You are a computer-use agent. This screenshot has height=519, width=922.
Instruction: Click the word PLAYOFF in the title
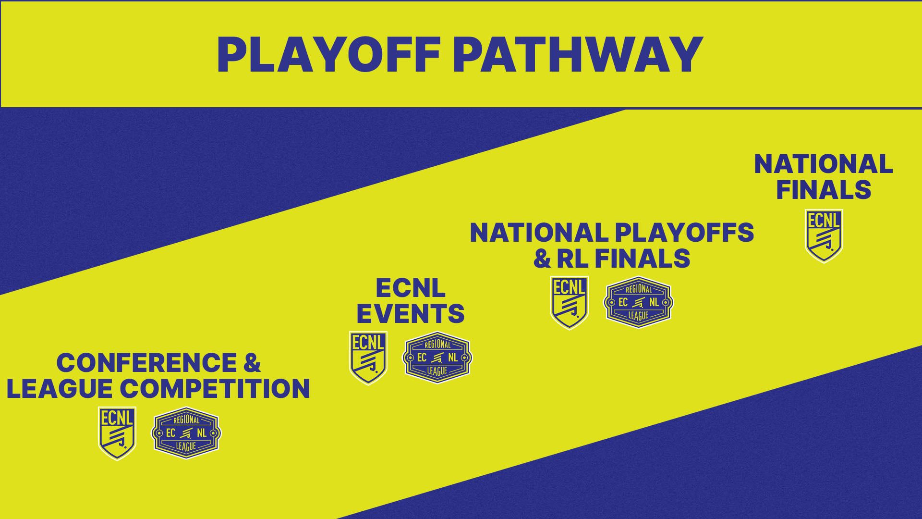click(x=329, y=54)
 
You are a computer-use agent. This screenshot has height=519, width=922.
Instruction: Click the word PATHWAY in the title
click(x=578, y=54)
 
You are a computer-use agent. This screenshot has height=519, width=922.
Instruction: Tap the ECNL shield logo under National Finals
click(x=824, y=235)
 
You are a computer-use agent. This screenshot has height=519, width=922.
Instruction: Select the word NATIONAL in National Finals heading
click(x=823, y=164)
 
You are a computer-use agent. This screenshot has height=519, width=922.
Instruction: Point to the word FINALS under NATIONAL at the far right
click(x=823, y=189)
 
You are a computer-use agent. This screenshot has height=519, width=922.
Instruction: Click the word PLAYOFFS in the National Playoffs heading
click(x=684, y=233)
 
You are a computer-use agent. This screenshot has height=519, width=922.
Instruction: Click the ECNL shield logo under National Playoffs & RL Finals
click(x=569, y=303)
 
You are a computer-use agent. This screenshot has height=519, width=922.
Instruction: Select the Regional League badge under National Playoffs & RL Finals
click(x=638, y=302)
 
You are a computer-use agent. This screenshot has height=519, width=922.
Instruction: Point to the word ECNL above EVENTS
click(x=410, y=288)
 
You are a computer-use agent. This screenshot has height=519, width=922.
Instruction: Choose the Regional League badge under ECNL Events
click(x=437, y=358)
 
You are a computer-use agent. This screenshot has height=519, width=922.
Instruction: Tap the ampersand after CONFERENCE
click(x=251, y=362)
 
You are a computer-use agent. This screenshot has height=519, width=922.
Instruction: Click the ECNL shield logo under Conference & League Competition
click(x=117, y=432)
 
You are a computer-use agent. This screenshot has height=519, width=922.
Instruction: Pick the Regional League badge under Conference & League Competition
click(x=186, y=432)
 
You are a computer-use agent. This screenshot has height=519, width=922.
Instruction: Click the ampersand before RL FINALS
click(x=542, y=259)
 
